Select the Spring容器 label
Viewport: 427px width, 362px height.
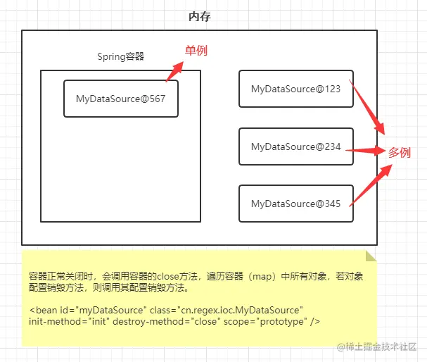click(120, 57)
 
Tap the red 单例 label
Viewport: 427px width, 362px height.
click(196, 51)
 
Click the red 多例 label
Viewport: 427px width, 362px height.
click(400, 151)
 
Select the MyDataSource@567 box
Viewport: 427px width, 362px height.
click(120, 99)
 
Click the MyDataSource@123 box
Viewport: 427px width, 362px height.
click(295, 89)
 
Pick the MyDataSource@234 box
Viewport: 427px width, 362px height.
click(295, 146)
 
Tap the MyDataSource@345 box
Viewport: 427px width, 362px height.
click(295, 204)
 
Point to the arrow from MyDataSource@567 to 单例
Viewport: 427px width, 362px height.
click(173, 72)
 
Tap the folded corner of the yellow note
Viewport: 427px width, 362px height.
click(371, 257)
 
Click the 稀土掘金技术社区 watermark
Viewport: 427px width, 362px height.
click(383, 347)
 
